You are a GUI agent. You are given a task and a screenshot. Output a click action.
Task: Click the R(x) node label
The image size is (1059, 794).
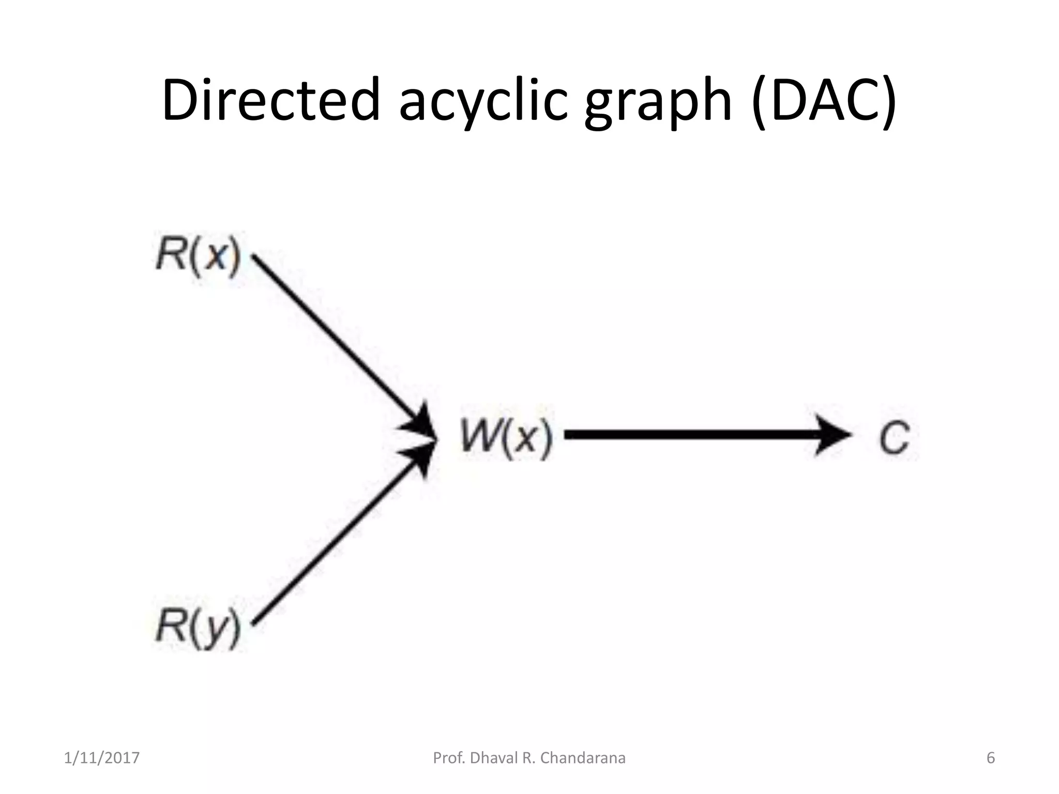(199, 256)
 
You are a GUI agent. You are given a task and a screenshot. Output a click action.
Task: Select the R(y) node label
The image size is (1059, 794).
(199, 628)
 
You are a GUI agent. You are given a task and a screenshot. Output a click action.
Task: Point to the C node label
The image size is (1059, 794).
(895, 437)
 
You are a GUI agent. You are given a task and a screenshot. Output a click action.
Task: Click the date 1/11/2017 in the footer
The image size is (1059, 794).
(102, 758)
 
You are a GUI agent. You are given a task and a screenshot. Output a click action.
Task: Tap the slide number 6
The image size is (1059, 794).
(991, 758)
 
